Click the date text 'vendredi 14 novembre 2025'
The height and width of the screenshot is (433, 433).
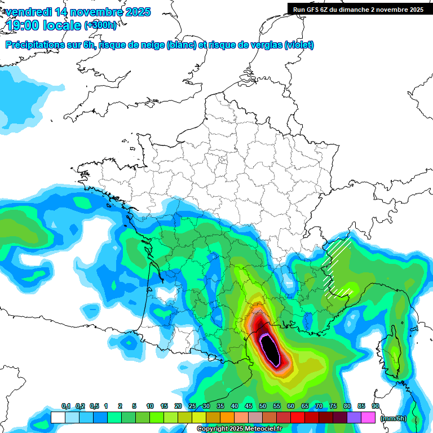pos(78,12)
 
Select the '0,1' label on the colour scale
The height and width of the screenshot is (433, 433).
pos(65,407)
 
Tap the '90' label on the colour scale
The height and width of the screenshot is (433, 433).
pos(375,407)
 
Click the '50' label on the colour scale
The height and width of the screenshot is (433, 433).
pos(263,407)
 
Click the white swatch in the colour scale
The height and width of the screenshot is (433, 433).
pos(58,417)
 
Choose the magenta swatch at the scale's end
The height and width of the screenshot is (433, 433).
pos(368,417)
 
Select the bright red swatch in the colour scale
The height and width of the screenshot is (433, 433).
pos(298,417)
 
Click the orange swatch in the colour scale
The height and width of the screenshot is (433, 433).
pos(227,417)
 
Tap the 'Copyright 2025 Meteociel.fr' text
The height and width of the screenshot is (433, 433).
pos(240,429)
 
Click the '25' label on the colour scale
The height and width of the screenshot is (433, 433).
pos(192,407)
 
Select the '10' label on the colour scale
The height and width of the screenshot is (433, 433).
pos(150,407)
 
